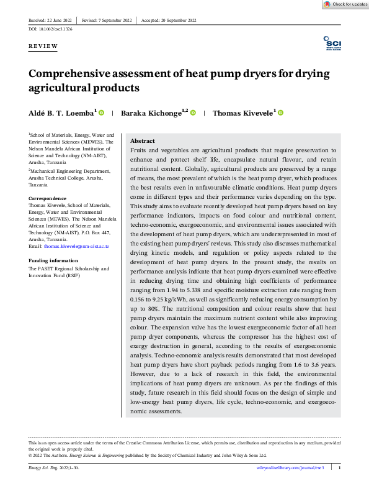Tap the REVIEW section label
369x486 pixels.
(x=43, y=47)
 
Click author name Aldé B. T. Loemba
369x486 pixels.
(x=60, y=113)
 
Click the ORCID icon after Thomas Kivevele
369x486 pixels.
(x=280, y=112)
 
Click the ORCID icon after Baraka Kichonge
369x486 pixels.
(x=193, y=112)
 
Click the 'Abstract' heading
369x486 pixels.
(x=143, y=141)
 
